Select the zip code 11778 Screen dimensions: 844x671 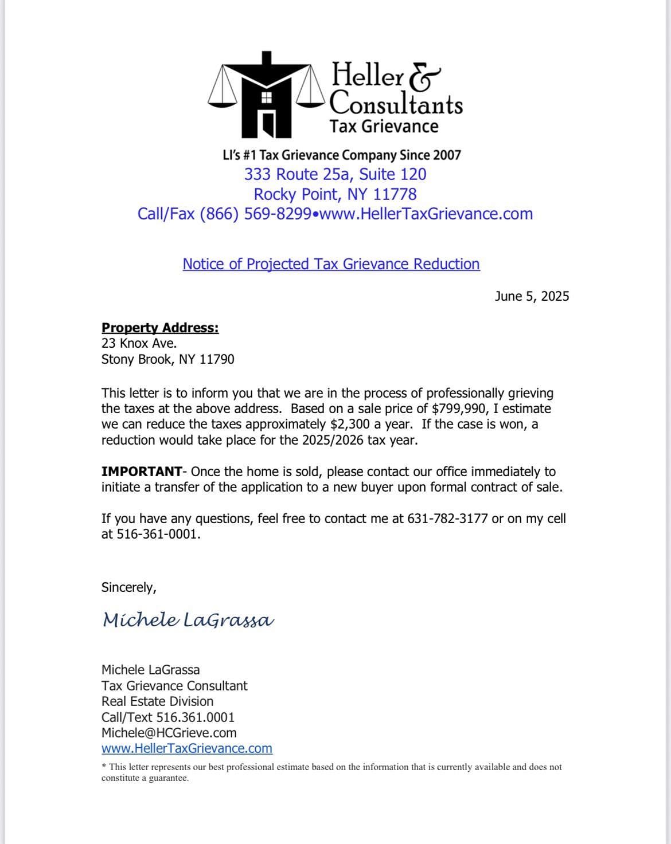(395, 194)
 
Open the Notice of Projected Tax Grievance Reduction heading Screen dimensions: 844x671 (331, 264)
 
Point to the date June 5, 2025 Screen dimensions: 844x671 (532, 296)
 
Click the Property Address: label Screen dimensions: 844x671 (160, 328)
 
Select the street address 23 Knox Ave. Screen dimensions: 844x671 (139, 343)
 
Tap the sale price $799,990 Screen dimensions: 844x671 (462, 409)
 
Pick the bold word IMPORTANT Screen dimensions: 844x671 (141, 472)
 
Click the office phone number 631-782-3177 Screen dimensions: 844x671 (447, 519)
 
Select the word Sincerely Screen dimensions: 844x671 (128, 587)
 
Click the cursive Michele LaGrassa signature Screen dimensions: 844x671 (188, 619)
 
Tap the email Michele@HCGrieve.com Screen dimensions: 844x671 (169, 733)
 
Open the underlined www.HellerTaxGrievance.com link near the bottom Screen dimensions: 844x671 (186, 748)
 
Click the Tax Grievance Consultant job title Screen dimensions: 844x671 (174, 686)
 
